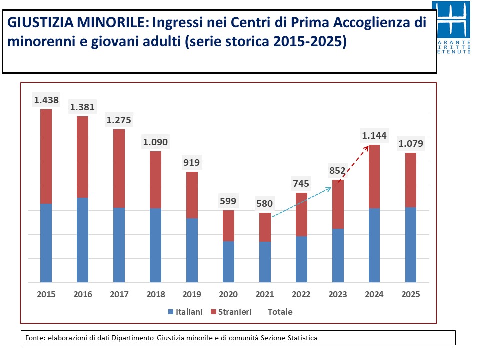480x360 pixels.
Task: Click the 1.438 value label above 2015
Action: point(46,100)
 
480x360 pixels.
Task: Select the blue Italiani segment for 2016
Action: point(82,240)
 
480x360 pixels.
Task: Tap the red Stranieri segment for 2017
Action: point(119,169)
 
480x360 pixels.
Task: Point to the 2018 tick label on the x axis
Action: point(156,294)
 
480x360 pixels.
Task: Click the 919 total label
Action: point(191,162)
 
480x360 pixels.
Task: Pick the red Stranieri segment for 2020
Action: point(228,226)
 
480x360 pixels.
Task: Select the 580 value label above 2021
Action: point(265,203)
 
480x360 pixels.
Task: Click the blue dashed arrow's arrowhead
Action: point(329,189)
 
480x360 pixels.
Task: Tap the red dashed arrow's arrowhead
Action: point(366,149)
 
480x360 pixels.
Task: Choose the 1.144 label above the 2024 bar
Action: point(374,135)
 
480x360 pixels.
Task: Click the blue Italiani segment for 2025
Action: point(411,245)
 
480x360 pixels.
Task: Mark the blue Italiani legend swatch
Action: point(171,312)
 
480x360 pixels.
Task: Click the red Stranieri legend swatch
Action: point(213,312)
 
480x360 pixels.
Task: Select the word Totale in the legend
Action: point(280,312)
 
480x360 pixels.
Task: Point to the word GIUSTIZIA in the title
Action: point(40,22)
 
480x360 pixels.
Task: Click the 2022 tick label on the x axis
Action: point(301,294)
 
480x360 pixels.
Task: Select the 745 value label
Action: point(301,183)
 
